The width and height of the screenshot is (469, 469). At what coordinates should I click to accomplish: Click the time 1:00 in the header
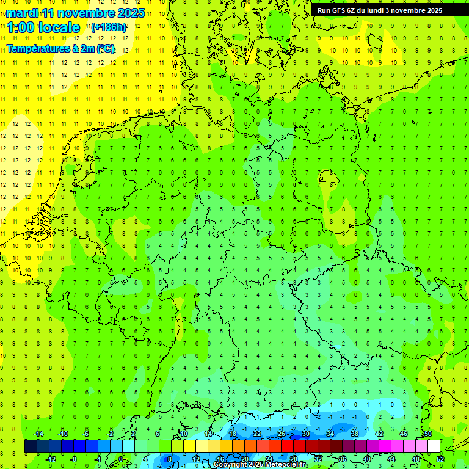tap(20, 27)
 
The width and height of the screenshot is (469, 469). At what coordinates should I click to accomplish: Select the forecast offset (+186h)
tap(109, 27)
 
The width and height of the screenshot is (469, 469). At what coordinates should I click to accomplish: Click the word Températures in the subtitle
tap(37, 49)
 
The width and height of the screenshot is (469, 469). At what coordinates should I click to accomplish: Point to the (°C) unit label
tap(105, 49)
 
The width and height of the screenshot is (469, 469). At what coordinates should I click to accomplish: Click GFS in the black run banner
tap(338, 10)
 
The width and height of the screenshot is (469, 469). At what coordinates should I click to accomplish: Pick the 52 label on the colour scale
tap(441, 459)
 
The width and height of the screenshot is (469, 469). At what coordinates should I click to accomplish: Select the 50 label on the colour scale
tap(427, 434)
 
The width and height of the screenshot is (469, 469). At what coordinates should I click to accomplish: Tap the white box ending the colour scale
tap(434, 446)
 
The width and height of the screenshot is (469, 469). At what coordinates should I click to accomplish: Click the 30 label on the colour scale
tap(305, 434)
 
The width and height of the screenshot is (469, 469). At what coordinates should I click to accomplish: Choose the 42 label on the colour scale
tap(379, 434)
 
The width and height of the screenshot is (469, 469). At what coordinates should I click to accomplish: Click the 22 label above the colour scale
tap(257, 434)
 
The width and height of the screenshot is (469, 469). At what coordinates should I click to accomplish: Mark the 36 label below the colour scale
tap(343, 459)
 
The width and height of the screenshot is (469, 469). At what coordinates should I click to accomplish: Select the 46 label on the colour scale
tap(403, 434)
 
